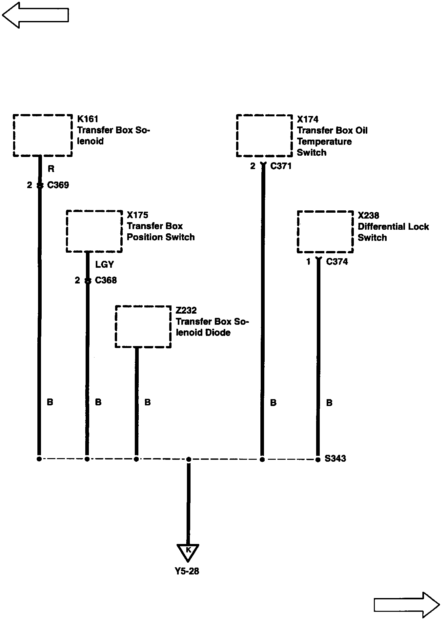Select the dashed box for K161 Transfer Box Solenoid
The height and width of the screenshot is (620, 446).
tap(43, 135)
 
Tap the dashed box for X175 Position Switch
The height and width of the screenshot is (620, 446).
tap(94, 231)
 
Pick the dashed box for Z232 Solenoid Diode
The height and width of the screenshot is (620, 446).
tap(143, 327)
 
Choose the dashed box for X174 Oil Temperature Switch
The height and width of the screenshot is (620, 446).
tap(264, 136)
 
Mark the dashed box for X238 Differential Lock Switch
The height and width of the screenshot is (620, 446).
tap(325, 232)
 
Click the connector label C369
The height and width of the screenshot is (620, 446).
tap(58, 185)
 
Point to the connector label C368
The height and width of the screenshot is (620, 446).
tap(106, 281)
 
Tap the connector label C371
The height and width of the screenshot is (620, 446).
tap(281, 166)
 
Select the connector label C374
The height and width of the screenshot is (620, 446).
tap(337, 262)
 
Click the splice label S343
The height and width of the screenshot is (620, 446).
tap(335, 458)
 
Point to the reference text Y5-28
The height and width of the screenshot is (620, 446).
tap(187, 571)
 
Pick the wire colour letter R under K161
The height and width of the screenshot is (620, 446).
tap(51, 169)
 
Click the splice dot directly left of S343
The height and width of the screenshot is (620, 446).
tap(318, 459)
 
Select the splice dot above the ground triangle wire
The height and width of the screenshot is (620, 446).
tap(189, 459)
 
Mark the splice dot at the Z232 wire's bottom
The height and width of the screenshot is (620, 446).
tap(136, 459)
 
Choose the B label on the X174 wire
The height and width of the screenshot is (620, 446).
tap(273, 402)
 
